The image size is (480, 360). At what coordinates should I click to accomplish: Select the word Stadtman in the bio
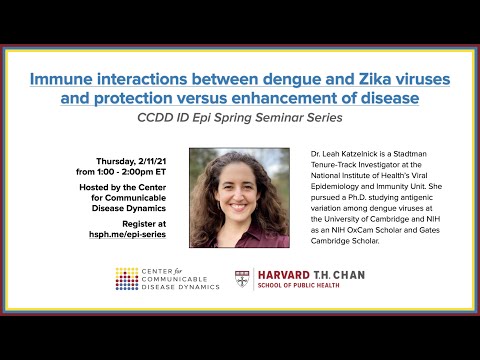[398, 153]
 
